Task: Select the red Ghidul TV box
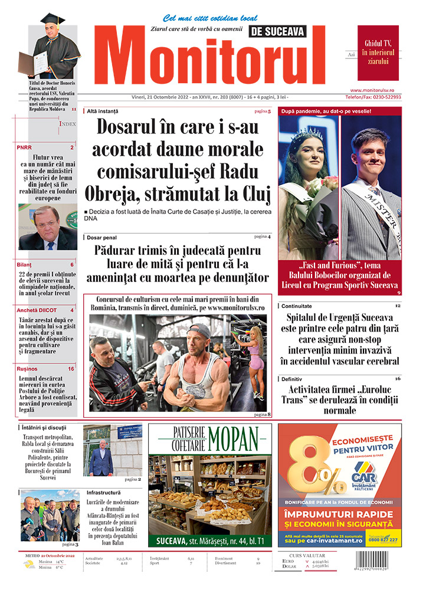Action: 378,53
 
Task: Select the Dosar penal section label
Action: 101,237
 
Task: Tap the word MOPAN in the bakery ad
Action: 232,438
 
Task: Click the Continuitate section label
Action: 297,307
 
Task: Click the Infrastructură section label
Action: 103,492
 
